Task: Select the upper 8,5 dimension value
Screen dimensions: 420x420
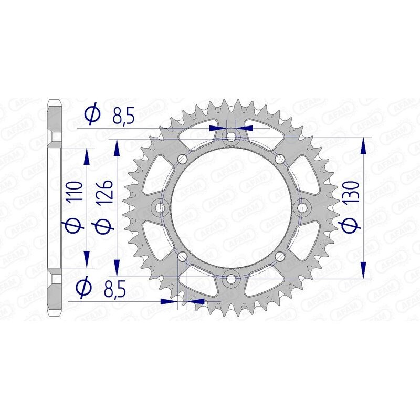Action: coord(124,115)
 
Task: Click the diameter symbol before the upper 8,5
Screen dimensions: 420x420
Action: coord(91,114)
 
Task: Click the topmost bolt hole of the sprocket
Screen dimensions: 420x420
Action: coord(231,138)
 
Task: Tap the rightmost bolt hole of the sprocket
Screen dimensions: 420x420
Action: coord(302,208)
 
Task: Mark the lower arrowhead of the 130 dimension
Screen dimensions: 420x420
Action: coord(363,269)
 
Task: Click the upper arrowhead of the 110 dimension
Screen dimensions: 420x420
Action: coord(88,156)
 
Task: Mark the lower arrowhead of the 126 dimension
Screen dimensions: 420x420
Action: coord(117,266)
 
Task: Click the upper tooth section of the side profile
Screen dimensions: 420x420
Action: coord(55,118)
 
